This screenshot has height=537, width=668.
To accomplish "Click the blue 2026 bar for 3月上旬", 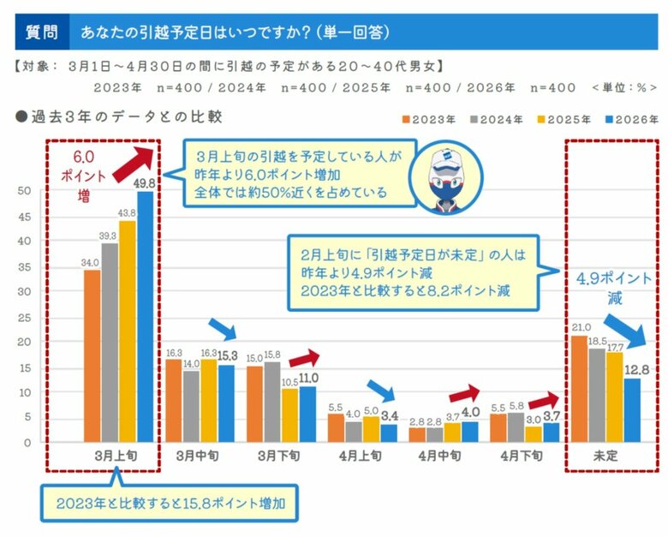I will [146, 317].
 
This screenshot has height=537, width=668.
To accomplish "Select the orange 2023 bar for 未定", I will [579, 390].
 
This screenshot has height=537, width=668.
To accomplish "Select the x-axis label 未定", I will [605, 456].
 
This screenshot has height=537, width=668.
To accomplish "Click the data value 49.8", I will [146, 183].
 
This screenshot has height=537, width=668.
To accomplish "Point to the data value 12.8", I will [631, 370].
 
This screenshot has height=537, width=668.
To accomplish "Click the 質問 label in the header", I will [41, 32].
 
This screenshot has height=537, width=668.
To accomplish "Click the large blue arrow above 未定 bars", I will [628, 329].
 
